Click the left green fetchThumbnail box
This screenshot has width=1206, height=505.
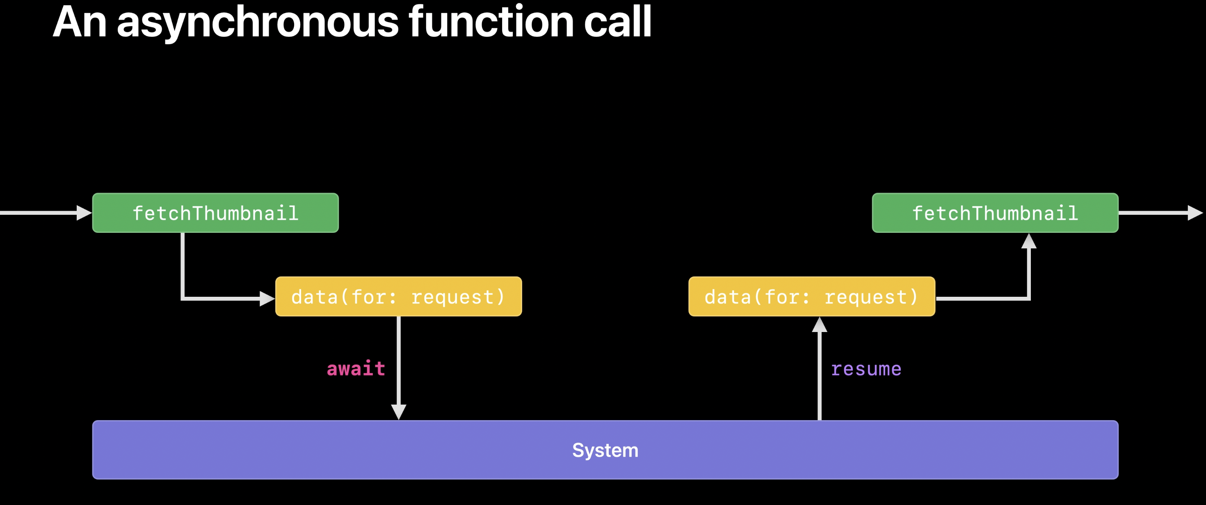(x=215, y=213)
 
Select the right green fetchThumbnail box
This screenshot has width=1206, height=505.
(x=995, y=213)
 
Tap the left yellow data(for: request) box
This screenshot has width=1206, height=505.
(x=398, y=296)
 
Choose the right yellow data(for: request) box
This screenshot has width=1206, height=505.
(x=811, y=296)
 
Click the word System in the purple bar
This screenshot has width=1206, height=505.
(x=605, y=450)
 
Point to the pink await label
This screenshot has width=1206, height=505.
(x=356, y=369)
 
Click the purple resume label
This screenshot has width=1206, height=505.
(x=866, y=369)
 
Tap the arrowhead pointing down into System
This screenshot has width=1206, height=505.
(x=398, y=412)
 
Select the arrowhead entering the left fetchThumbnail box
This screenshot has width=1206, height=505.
(x=84, y=213)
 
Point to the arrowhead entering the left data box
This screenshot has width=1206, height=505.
(x=267, y=298)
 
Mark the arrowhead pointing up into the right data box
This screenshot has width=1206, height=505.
(x=819, y=325)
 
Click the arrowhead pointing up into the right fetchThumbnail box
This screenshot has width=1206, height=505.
(x=1028, y=241)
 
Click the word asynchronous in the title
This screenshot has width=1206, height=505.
(x=258, y=22)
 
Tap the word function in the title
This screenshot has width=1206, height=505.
(x=491, y=22)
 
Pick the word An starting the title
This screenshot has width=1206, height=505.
(x=80, y=22)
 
